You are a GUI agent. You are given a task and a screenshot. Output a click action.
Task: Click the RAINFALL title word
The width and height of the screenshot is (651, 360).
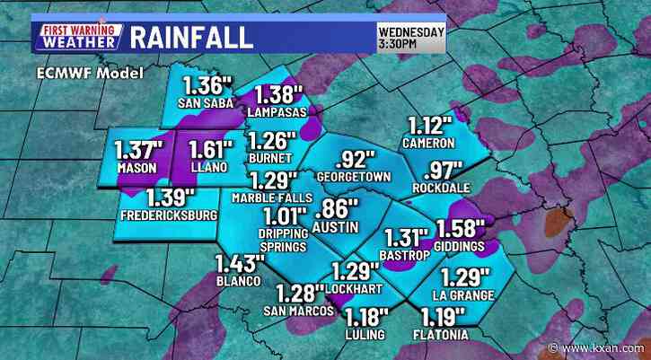tap(191, 38)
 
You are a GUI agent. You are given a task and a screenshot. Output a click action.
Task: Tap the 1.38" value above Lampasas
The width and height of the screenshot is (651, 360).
tap(280, 96)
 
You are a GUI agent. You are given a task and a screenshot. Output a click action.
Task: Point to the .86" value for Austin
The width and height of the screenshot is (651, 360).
tap(334, 212)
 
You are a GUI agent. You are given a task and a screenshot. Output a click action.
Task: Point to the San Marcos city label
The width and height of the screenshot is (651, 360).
tap(292, 311)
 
